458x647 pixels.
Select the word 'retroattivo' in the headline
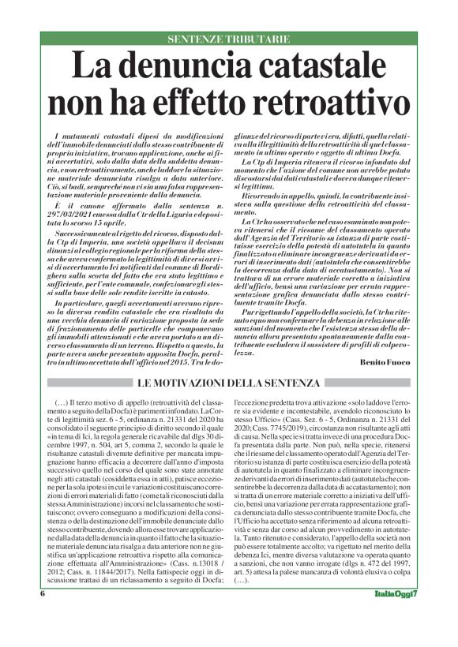coord(310,103)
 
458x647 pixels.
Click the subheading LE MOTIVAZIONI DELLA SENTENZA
coord(229,383)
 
